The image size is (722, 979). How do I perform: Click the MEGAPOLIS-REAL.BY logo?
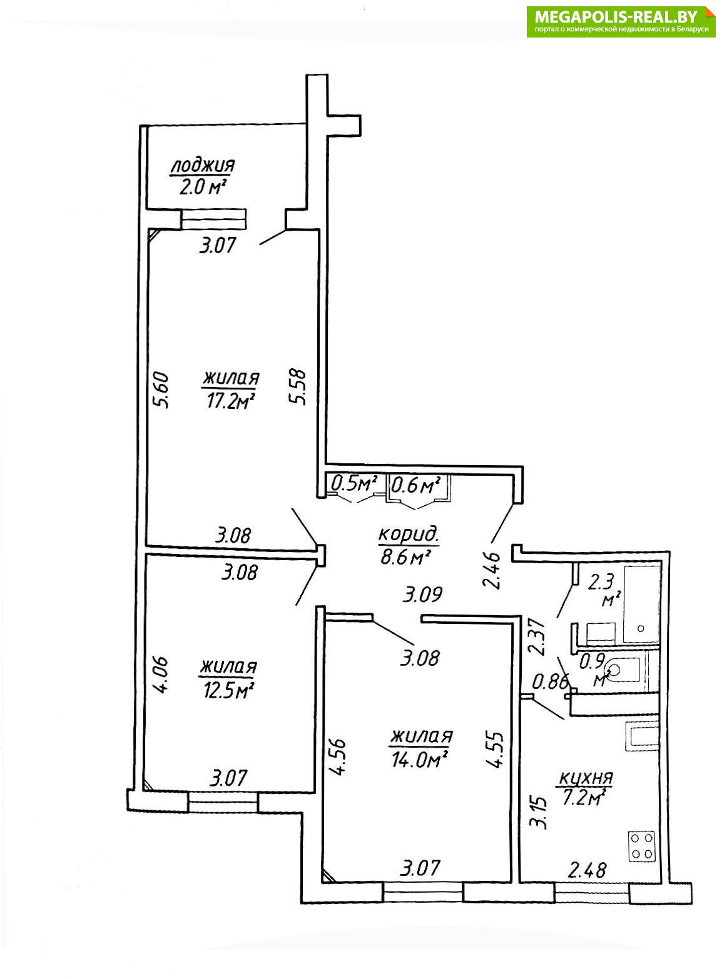(x=621, y=22)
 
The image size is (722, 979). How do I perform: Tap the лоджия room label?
(x=202, y=166)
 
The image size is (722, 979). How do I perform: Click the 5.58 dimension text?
(x=300, y=388)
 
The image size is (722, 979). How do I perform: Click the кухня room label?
(x=584, y=779)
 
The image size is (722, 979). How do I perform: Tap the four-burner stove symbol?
(x=642, y=845)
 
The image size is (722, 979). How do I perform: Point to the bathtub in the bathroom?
(x=642, y=603)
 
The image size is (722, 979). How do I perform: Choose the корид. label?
(x=409, y=535)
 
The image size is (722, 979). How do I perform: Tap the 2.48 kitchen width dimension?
(x=586, y=870)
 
